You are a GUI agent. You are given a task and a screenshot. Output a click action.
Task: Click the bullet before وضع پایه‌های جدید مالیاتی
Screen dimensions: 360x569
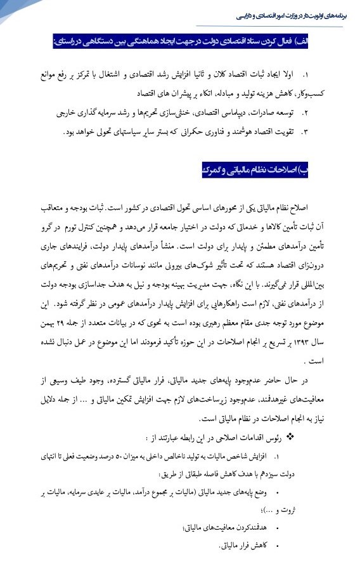click(x=279, y=492)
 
